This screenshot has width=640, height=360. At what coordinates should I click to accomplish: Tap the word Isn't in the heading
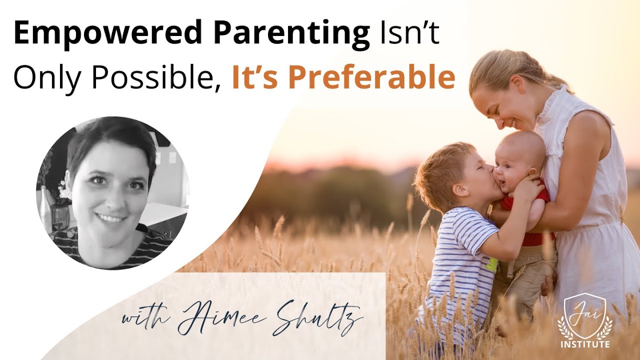point(409,34)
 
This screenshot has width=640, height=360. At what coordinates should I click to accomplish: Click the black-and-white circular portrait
point(112,192)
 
